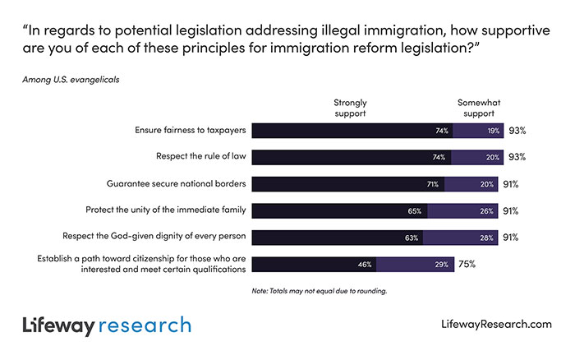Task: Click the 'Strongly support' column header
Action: click(349, 108)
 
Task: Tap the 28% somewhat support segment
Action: click(460, 238)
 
